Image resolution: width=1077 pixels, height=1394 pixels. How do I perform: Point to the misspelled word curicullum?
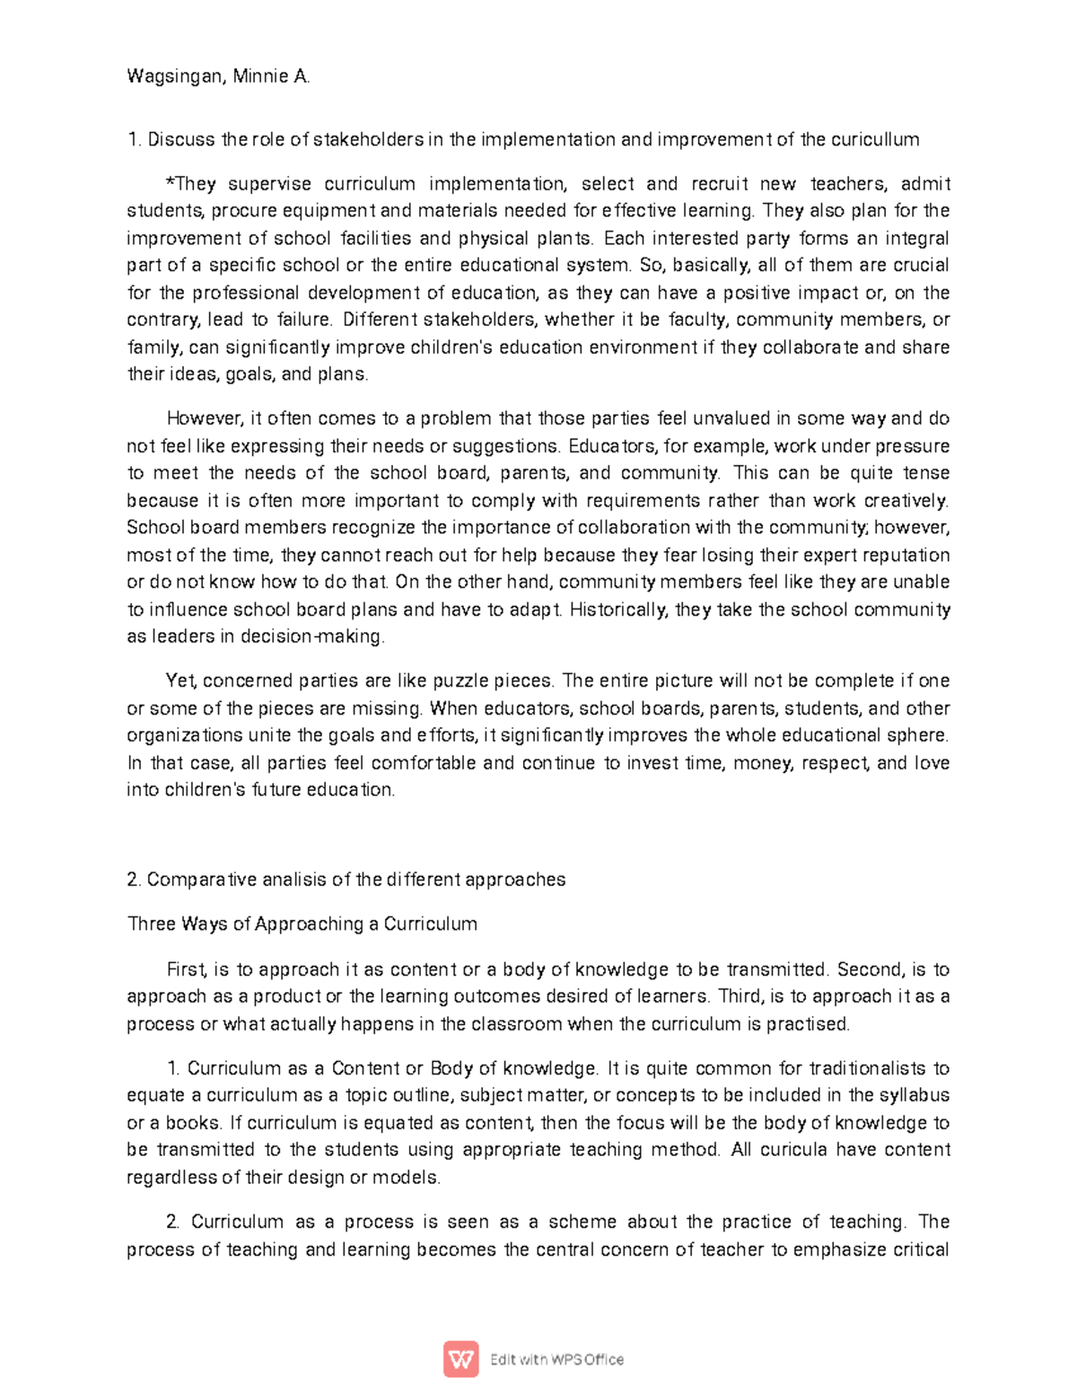tap(875, 139)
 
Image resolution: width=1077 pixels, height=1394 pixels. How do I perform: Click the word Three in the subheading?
tap(152, 924)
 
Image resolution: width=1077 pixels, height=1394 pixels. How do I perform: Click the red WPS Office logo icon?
tap(461, 1359)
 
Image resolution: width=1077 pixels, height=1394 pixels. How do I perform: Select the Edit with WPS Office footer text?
tap(556, 1359)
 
